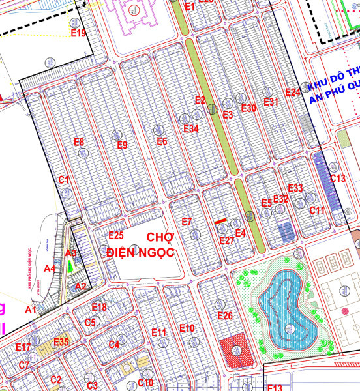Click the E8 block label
pos(79,142)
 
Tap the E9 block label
pos(122,145)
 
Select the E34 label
pos(191,128)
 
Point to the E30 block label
pos(248,108)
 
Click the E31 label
pos(271,102)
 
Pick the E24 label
pos(293,93)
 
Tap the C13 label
pos(337,179)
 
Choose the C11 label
pos(317,210)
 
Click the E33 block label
pos(295,188)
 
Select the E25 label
pos(116,235)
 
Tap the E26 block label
pos(225,316)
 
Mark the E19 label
pos(78,33)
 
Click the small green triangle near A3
pos(70,267)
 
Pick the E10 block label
pos(187,327)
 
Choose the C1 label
pos(64,179)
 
